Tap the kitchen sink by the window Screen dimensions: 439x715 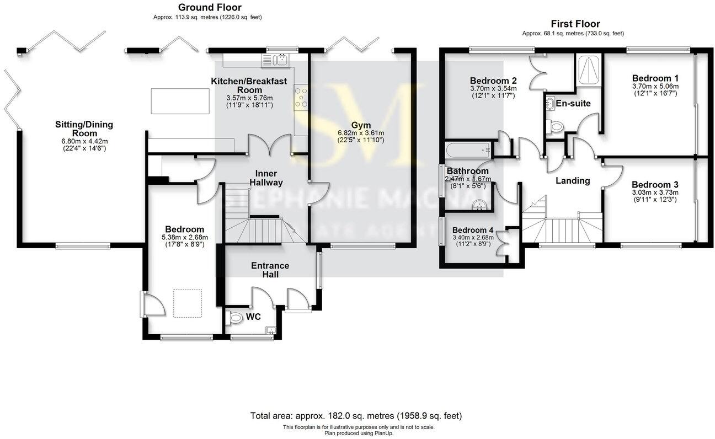click(281, 59)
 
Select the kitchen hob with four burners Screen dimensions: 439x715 click(301, 97)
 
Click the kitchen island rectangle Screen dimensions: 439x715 click(181, 101)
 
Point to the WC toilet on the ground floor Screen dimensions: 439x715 click(235, 318)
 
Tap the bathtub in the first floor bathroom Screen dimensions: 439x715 click(469, 148)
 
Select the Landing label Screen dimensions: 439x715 click(572, 180)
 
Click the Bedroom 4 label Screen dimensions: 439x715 click(472, 230)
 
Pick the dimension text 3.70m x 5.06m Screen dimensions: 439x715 click(655, 86)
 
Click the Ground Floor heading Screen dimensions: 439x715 click(209, 8)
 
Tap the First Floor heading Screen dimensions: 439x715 click(575, 24)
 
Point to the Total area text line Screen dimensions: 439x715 click(356, 415)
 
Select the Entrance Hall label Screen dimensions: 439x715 click(270, 270)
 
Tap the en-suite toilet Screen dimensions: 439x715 click(556, 127)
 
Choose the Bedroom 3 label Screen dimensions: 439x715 click(655, 184)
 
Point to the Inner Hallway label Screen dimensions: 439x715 click(266, 178)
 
